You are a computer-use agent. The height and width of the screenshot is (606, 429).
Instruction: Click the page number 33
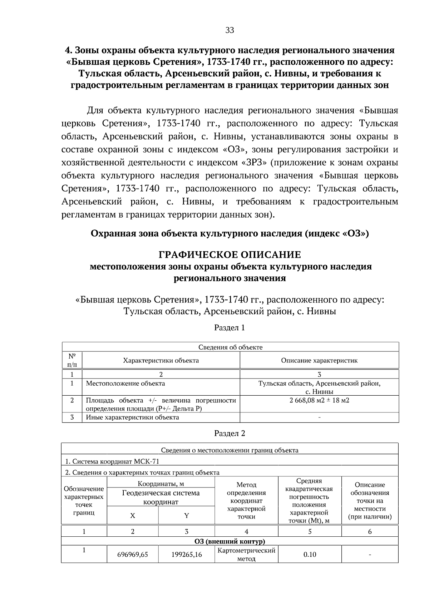(230, 30)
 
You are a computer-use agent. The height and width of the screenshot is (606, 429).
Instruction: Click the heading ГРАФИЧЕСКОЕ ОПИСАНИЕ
(230, 255)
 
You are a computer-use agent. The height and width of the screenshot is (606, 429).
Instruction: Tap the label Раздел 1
(230, 327)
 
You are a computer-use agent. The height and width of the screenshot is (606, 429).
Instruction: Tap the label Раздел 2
(230, 433)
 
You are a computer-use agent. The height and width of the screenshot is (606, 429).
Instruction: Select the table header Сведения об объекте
(230, 347)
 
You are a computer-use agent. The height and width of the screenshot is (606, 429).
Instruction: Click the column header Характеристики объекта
(161, 360)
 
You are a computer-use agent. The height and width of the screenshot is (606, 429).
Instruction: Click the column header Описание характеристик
(319, 360)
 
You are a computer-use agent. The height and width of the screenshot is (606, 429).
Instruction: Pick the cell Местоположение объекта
(125, 384)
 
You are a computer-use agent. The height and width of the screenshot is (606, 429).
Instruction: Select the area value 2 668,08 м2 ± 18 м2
(319, 400)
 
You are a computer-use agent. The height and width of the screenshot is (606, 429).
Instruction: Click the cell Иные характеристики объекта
(132, 417)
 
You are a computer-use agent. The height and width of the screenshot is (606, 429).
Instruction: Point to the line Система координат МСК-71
(112, 461)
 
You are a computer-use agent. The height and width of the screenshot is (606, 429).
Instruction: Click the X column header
(133, 516)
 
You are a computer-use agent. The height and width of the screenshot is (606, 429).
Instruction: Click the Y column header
(186, 516)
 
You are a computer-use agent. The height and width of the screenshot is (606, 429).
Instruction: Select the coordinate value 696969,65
(133, 555)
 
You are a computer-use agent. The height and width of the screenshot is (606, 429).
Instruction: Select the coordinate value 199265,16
(186, 555)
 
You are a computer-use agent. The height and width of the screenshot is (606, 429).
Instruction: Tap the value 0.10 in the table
(310, 555)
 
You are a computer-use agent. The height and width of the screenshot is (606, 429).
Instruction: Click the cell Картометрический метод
(246, 554)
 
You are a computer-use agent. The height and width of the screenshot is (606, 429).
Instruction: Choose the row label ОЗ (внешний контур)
(230, 541)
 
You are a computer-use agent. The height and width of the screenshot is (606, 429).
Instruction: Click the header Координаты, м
(161, 484)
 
